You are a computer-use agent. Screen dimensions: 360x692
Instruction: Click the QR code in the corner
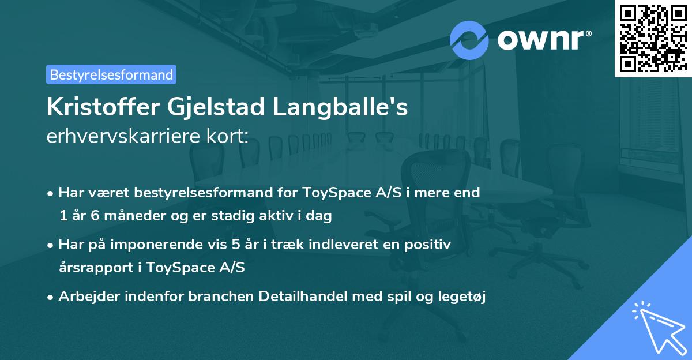652,38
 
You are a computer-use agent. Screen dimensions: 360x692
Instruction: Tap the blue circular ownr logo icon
469,39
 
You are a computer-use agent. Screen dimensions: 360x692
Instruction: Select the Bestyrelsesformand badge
111,74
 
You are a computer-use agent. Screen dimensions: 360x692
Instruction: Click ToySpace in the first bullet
329,193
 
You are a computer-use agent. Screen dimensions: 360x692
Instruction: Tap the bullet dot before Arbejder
51,297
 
